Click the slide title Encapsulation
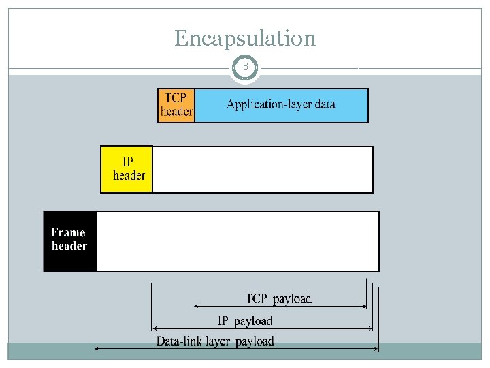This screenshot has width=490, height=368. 245,38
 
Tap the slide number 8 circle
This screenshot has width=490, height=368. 246,67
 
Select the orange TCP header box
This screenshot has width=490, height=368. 176,105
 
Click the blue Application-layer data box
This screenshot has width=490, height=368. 281,105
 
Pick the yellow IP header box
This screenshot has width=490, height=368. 127,169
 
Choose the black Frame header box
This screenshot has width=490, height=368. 69,241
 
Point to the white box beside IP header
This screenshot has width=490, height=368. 263,169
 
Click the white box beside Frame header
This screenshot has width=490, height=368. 237,241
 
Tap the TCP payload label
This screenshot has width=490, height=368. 278,298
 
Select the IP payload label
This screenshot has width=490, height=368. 245,320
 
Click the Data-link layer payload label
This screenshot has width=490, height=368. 215,341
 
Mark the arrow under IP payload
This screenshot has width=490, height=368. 262,328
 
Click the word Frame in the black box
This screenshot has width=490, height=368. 68,232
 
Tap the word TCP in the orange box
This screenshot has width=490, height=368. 175,97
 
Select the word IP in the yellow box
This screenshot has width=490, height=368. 129,162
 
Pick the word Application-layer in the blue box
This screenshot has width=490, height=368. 262,105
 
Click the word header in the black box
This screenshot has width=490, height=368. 69,246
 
